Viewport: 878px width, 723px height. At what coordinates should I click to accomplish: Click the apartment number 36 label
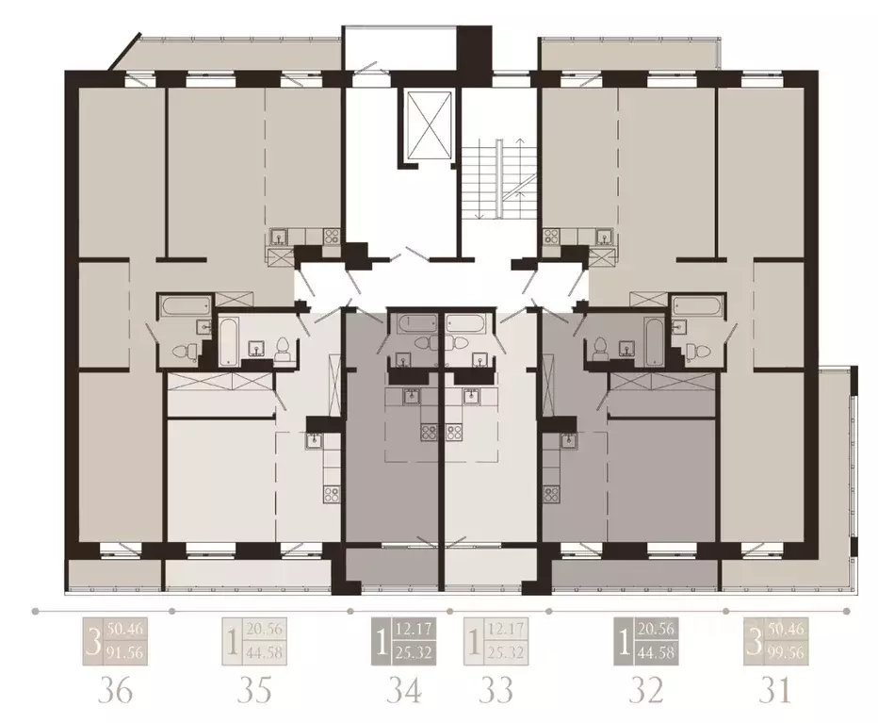point(115,691)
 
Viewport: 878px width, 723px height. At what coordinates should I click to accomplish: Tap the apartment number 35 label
point(253,691)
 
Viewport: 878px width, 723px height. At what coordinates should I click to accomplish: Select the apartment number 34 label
point(404,691)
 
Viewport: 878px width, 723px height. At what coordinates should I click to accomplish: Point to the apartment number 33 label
point(496,691)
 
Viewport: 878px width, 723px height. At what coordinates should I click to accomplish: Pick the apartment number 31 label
point(774,691)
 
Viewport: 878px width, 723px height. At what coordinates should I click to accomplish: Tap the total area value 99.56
point(787,651)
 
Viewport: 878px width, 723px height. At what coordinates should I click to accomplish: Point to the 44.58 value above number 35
point(264,651)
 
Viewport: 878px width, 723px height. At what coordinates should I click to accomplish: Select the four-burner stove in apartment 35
point(332,492)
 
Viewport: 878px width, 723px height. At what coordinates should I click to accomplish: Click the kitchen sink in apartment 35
point(314,439)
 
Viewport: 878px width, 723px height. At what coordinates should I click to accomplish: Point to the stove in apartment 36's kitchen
point(331,238)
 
